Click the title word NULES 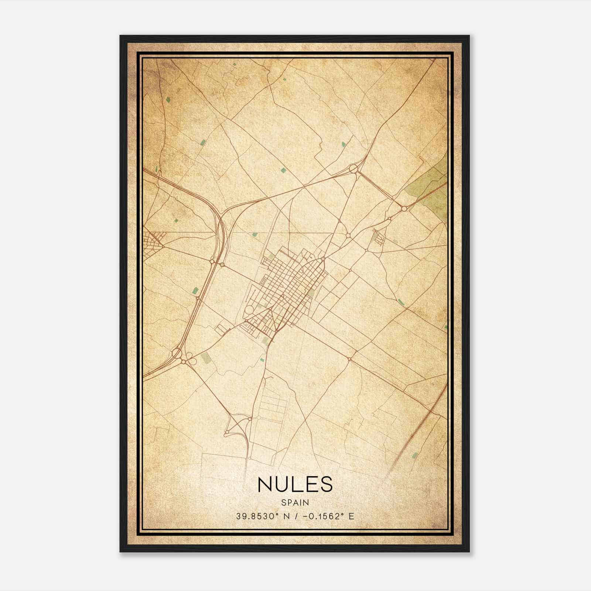(295, 484)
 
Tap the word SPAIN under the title (295, 502)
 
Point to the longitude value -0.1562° (318, 516)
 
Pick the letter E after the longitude (351, 516)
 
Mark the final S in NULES (326, 484)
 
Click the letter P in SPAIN (289, 502)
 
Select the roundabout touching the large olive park (404, 209)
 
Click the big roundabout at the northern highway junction (353, 169)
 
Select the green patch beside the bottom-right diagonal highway (415, 455)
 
